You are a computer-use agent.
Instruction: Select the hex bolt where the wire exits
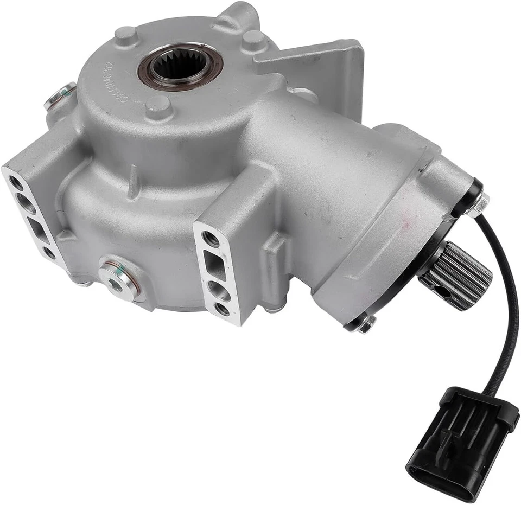point(480,204)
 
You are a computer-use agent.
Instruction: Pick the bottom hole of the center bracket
point(222,310)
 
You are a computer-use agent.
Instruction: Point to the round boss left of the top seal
point(125,35)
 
